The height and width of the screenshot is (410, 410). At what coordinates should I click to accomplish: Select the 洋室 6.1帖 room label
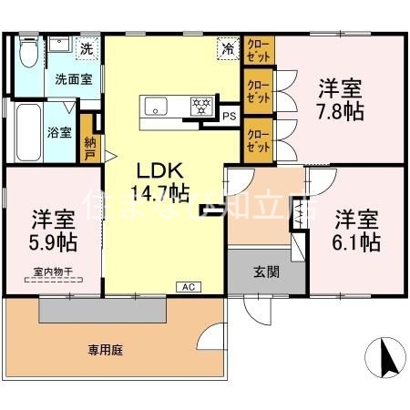(x=356, y=231)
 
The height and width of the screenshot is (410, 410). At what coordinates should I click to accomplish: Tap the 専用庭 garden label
(x=106, y=348)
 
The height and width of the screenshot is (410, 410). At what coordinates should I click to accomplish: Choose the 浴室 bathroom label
(x=58, y=130)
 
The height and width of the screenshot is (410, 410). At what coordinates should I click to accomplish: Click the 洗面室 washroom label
(x=72, y=79)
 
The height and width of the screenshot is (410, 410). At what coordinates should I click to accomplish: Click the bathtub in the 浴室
(x=26, y=131)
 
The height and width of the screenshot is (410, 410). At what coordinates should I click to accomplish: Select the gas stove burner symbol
(x=198, y=105)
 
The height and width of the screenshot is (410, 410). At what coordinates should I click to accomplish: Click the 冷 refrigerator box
(x=224, y=48)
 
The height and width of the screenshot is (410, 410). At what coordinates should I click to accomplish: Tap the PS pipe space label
(x=229, y=116)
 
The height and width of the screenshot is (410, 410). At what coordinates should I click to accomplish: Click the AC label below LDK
(x=189, y=287)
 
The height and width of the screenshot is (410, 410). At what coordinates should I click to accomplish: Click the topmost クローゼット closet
(x=258, y=49)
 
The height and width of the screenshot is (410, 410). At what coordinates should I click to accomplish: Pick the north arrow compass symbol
(x=384, y=356)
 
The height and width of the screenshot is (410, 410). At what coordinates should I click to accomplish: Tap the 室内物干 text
(x=52, y=271)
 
